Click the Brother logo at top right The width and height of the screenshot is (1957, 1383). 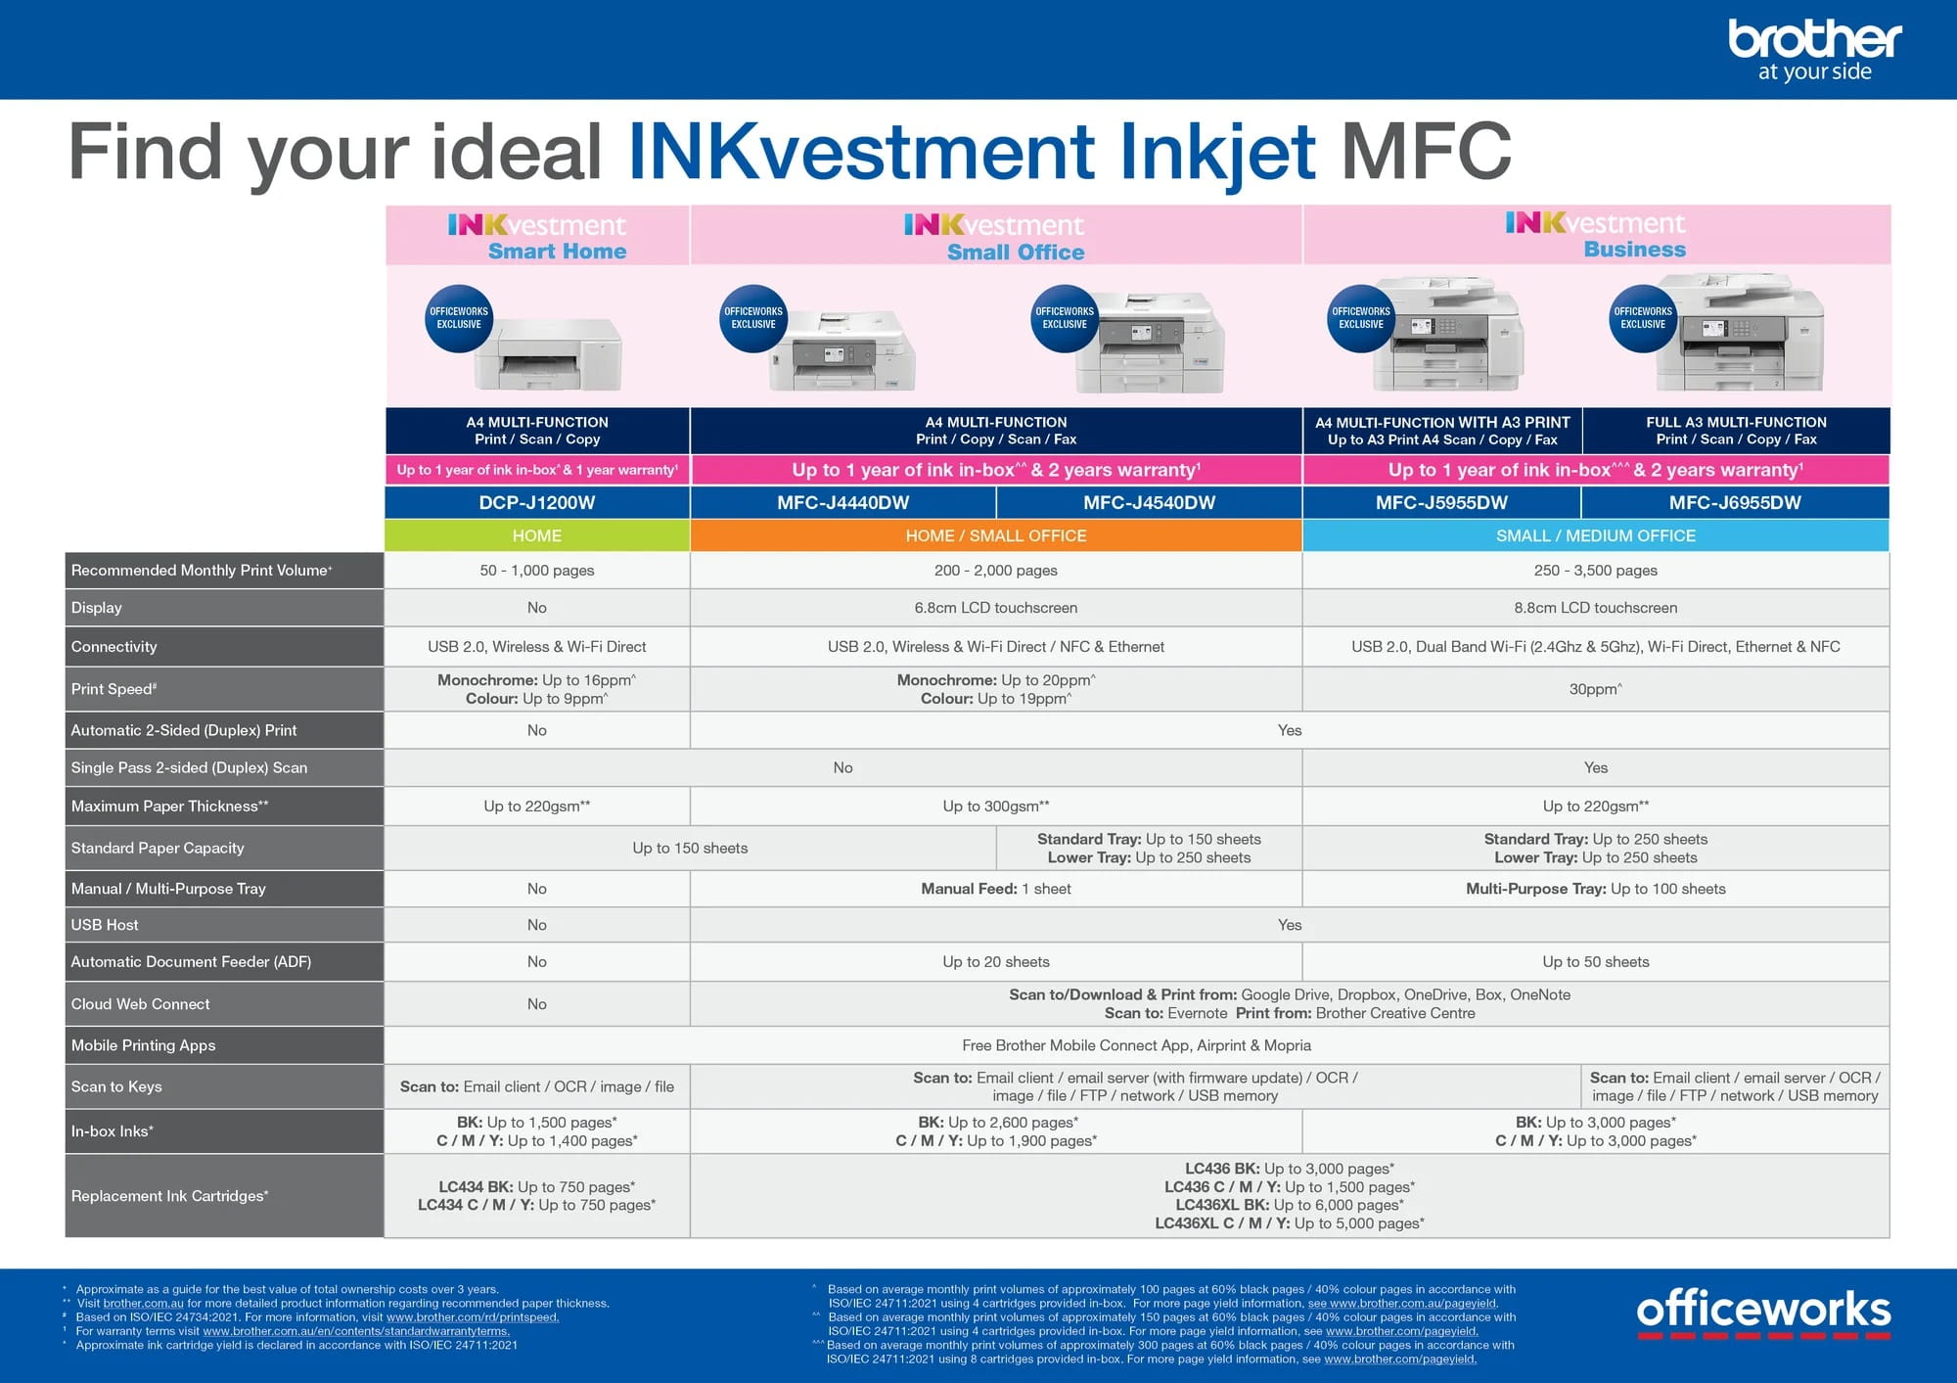tap(1814, 49)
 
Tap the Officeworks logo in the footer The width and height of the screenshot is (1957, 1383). tap(1763, 1312)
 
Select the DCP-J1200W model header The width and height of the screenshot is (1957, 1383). tap(536, 502)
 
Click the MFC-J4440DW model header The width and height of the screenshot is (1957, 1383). tap(842, 502)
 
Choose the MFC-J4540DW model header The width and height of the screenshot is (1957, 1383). tap(1149, 502)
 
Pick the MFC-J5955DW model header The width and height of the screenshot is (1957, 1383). tap(1441, 502)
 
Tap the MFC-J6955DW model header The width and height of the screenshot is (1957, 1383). tap(1735, 502)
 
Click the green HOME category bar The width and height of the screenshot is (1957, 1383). tap(536, 535)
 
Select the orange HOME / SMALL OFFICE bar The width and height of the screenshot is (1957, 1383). tap(995, 535)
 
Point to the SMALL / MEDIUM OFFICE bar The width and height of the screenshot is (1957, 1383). tap(1595, 535)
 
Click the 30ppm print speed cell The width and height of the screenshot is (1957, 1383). tap(1595, 689)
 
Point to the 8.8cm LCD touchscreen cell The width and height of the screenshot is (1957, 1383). tap(1595, 608)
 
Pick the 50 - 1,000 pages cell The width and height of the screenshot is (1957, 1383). tap(536, 571)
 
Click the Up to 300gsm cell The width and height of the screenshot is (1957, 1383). tap(995, 807)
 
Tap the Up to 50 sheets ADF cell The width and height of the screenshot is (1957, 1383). tap(1595, 962)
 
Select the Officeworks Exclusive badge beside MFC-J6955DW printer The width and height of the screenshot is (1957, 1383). tap(1643, 317)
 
